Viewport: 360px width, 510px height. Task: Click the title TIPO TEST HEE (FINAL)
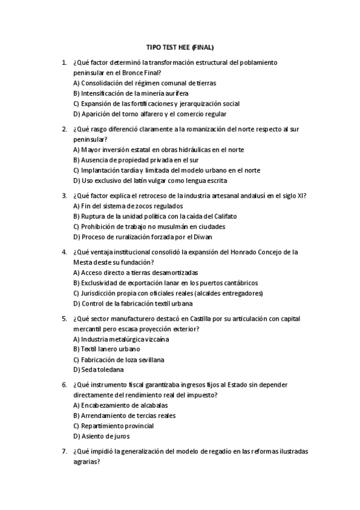coord(180,46)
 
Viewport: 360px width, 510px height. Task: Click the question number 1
coord(64,62)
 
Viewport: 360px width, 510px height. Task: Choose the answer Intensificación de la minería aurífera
coord(131,93)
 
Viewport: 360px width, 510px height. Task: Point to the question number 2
coord(64,129)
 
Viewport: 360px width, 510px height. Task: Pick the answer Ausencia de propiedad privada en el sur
coord(136,160)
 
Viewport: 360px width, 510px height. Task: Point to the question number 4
coord(64,251)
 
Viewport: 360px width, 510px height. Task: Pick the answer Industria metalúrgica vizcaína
coord(121,339)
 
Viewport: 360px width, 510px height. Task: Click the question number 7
coord(64,452)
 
